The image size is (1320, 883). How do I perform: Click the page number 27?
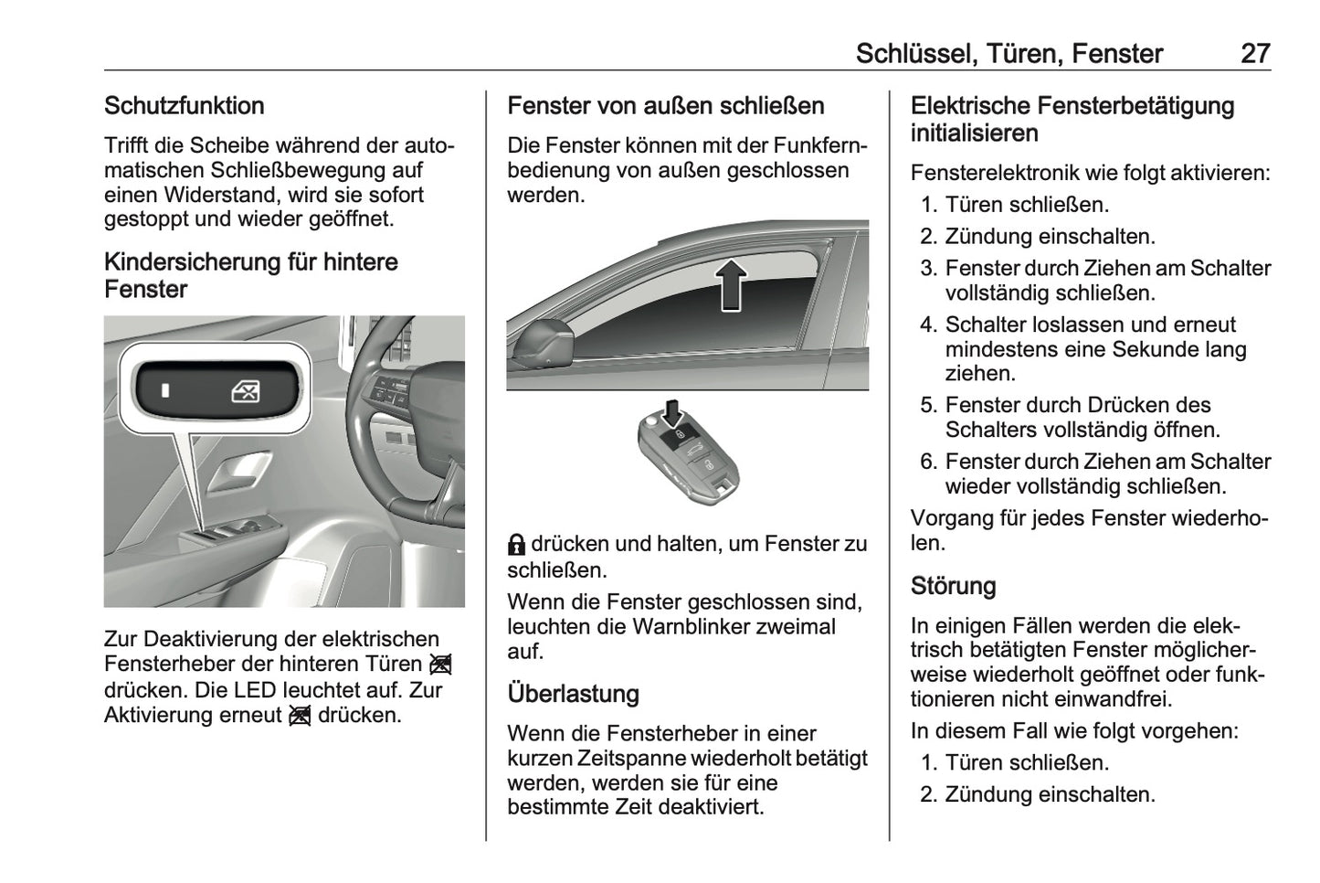point(1254,54)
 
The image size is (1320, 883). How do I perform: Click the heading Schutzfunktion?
point(184,106)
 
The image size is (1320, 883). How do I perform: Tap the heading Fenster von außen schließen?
point(665,106)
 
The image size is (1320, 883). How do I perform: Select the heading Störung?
point(953,586)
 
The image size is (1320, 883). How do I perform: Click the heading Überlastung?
point(573,694)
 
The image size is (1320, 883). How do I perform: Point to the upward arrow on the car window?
point(731,284)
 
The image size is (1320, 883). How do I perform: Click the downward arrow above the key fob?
point(673,412)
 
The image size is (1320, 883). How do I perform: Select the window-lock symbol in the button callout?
point(245,392)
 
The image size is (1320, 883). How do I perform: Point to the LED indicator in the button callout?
point(165,391)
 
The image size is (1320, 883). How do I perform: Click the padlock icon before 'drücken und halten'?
point(516,546)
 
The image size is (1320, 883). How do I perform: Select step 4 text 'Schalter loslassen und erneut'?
point(1090,324)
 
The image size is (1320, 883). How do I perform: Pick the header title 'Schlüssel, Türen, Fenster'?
point(1008,54)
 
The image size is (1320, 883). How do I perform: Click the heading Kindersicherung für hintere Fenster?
point(250,275)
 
